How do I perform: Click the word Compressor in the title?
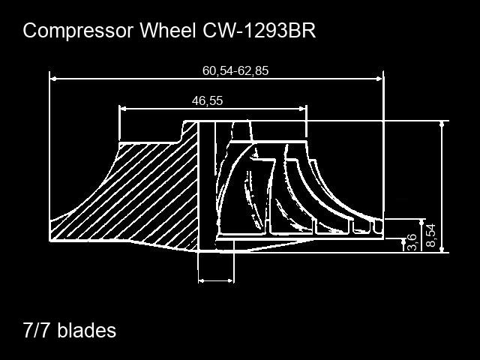point(78,31)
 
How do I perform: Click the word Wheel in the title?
point(168,30)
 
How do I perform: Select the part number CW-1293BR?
point(259,30)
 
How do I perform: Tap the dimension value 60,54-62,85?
point(235,70)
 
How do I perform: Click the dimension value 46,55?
point(207,100)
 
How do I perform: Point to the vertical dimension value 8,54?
point(430,235)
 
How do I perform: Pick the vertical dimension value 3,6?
point(412,242)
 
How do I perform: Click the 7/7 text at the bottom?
point(35,330)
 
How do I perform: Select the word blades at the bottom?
point(87,330)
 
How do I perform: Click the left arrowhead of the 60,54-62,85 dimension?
point(53,79)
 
